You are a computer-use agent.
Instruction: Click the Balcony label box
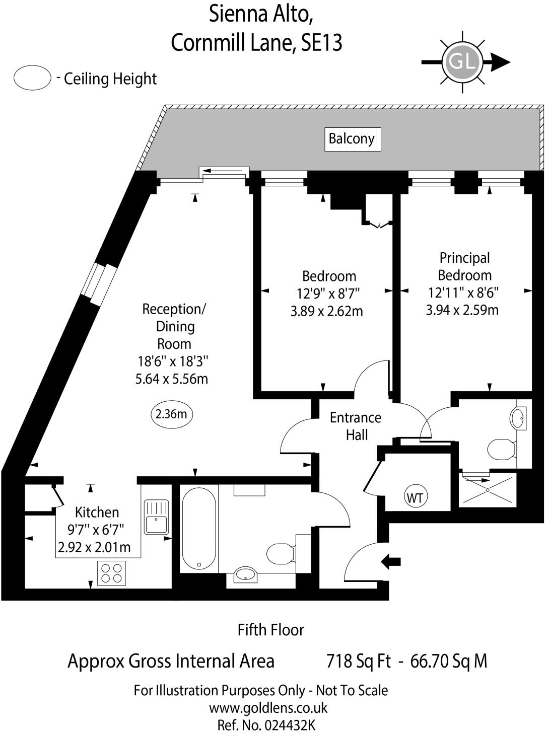point(352,139)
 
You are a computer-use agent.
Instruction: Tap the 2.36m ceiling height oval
point(172,414)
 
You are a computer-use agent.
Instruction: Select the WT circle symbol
point(415,498)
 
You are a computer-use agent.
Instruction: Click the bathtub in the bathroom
point(199,529)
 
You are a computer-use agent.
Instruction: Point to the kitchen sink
point(157,517)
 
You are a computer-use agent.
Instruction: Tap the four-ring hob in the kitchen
point(111,573)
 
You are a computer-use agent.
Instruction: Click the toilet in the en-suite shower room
point(502,448)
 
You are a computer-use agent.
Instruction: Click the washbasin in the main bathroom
point(245,574)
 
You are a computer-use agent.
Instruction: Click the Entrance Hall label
point(356,426)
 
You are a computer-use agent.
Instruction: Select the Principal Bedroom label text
point(464,266)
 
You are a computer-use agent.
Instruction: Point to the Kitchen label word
point(97,512)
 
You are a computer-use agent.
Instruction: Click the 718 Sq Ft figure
point(358,661)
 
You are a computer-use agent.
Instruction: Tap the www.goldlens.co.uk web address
point(268,708)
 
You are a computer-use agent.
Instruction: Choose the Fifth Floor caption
point(271,630)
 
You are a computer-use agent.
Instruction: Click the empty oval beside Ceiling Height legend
point(33,79)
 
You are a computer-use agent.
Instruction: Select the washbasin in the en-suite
point(518,417)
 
